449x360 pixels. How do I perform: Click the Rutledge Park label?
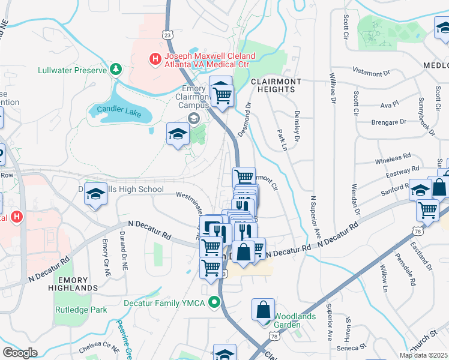[x=81, y=310]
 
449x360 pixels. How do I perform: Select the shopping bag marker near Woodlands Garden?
[x=264, y=310]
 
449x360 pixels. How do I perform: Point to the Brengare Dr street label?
[x=388, y=122]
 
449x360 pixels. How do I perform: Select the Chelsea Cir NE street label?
[x=102, y=346]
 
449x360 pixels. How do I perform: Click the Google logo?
[x=20, y=352]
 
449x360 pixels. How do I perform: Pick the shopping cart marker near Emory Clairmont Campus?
[x=222, y=94]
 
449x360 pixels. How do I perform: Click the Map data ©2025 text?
[x=423, y=355]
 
